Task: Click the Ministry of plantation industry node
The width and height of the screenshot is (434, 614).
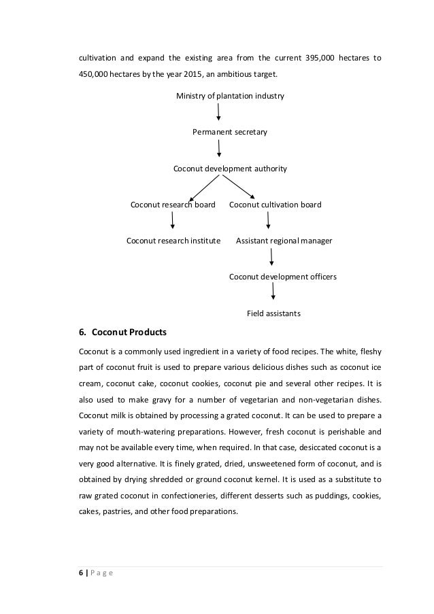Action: click(x=230, y=96)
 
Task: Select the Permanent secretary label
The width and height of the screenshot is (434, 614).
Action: click(x=230, y=132)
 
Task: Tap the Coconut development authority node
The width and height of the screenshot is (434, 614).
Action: click(x=230, y=168)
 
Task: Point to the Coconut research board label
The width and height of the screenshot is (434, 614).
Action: click(x=173, y=205)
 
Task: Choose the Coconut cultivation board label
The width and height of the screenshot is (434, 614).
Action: click(x=276, y=205)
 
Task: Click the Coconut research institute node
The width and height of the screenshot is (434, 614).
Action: click(x=173, y=241)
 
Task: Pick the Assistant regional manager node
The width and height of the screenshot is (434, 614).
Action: click(x=284, y=241)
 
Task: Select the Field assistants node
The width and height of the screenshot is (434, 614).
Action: click(x=273, y=313)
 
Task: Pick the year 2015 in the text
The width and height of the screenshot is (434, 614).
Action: click(x=190, y=75)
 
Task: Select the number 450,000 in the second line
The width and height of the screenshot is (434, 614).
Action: click(x=93, y=75)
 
